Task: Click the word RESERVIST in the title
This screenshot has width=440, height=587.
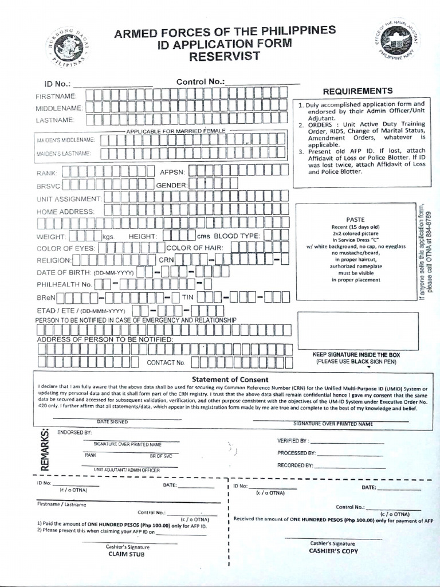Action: (225, 56)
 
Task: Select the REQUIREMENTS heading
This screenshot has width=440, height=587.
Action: (357, 91)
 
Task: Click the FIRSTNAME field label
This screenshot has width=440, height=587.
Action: (56, 95)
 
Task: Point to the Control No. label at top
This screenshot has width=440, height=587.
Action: (200, 82)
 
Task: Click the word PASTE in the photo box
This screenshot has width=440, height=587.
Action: (355, 220)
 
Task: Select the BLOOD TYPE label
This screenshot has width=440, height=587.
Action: (237, 236)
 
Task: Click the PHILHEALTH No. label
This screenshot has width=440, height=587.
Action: (64, 284)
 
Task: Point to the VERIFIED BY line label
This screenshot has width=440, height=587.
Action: (292, 441)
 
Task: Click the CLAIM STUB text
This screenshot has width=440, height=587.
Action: (126, 554)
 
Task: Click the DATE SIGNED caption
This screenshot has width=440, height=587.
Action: (112, 421)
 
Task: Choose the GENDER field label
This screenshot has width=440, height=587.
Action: (172, 186)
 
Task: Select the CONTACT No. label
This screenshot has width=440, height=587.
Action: (166, 363)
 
